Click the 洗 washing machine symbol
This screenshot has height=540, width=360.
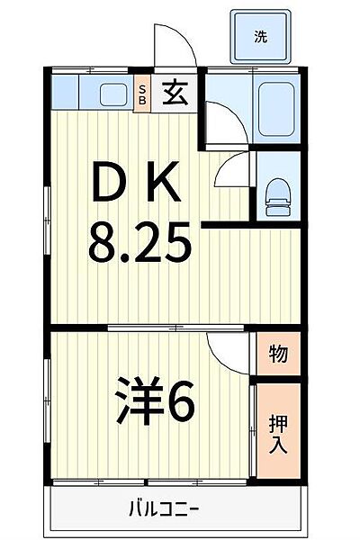pos(260,37)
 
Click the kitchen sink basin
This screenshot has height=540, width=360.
pos(112,94)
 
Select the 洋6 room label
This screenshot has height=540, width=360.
pos(155,405)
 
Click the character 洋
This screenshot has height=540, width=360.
pos(133,405)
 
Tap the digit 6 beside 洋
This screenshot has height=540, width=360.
pos(178,405)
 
